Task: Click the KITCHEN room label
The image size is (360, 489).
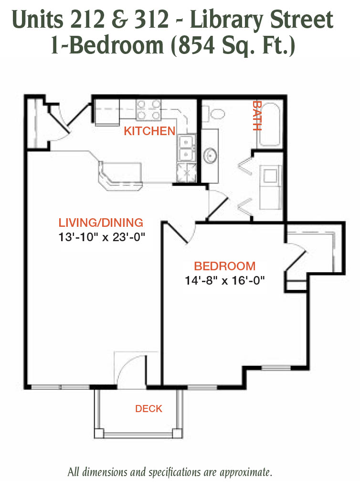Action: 149,131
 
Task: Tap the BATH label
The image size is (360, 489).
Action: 256,116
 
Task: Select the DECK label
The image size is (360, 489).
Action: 148,409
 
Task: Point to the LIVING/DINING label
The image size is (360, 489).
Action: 101,223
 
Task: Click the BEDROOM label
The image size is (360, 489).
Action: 225,266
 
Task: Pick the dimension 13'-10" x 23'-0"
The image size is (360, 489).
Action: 102,237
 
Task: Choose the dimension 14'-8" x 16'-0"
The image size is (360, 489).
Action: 225,280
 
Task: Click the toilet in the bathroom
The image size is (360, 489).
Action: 213,114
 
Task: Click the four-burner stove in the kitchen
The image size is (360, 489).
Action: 148,110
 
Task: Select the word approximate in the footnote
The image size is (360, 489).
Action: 245,472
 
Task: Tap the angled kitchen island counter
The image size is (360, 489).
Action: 120,176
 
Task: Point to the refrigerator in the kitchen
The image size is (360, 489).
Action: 107,112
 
